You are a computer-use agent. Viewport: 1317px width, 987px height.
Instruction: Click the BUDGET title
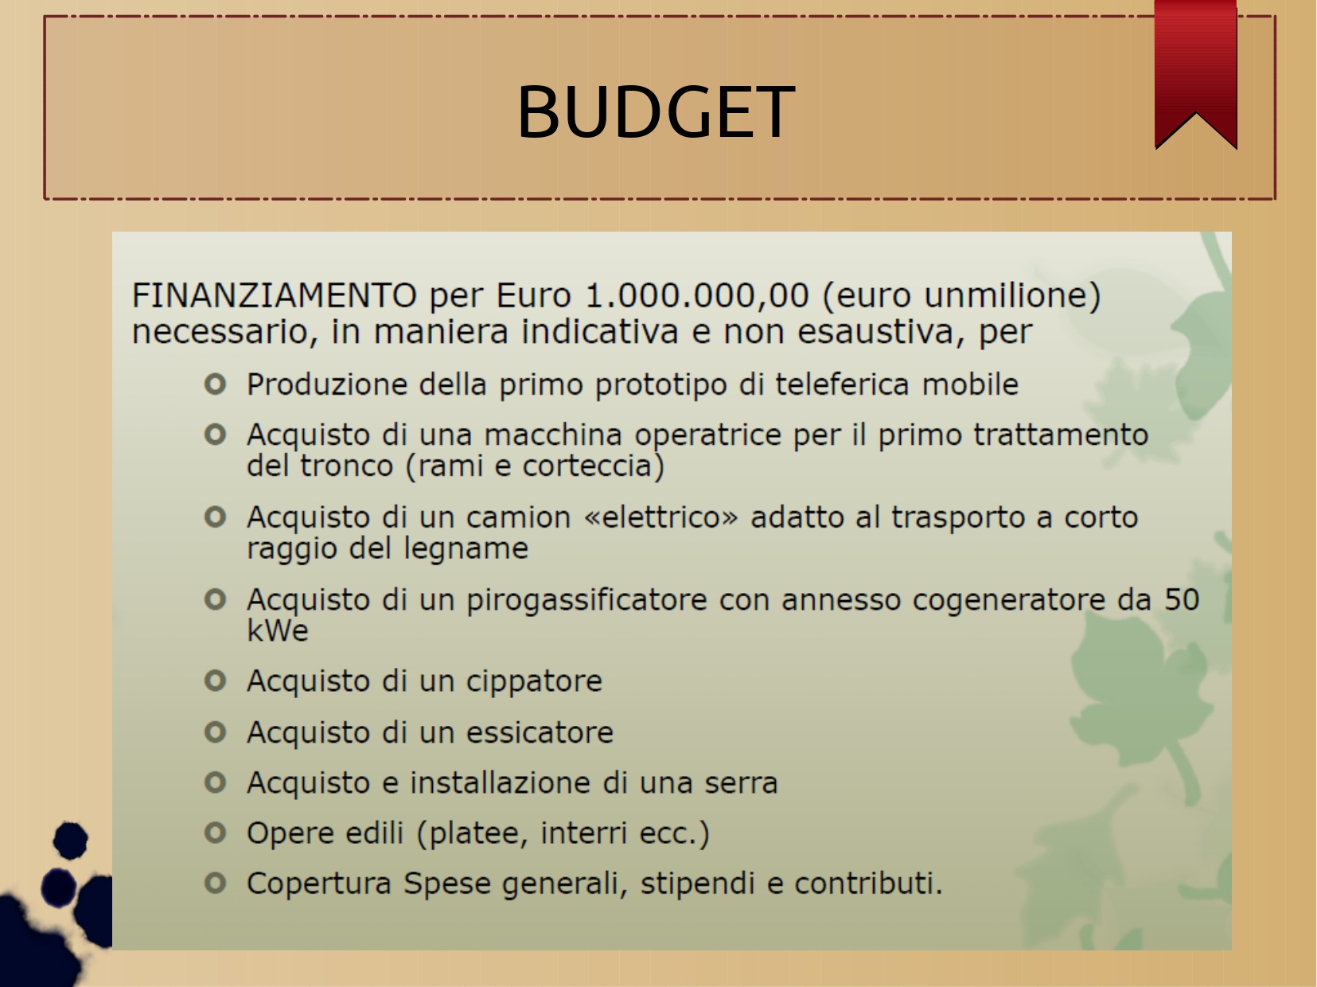[656, 112]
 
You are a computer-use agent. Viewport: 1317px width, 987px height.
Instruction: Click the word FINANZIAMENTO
[275, 295]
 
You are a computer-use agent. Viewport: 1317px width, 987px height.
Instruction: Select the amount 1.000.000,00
[696, 296]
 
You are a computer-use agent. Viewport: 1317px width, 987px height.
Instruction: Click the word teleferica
[843, 384]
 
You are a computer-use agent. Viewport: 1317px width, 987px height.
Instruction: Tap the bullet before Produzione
[216, 384]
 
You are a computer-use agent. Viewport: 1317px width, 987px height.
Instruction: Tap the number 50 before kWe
[1182, 599]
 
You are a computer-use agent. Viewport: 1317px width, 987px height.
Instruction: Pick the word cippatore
[534, 682]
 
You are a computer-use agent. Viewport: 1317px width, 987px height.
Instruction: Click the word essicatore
[540, 732]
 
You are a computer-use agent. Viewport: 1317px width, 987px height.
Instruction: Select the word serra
[741, 783]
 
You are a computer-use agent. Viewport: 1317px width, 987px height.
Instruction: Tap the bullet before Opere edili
[216, 833]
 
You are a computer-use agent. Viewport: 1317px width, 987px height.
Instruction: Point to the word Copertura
[319, 884]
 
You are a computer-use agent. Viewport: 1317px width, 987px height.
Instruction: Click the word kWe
[278, 630]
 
